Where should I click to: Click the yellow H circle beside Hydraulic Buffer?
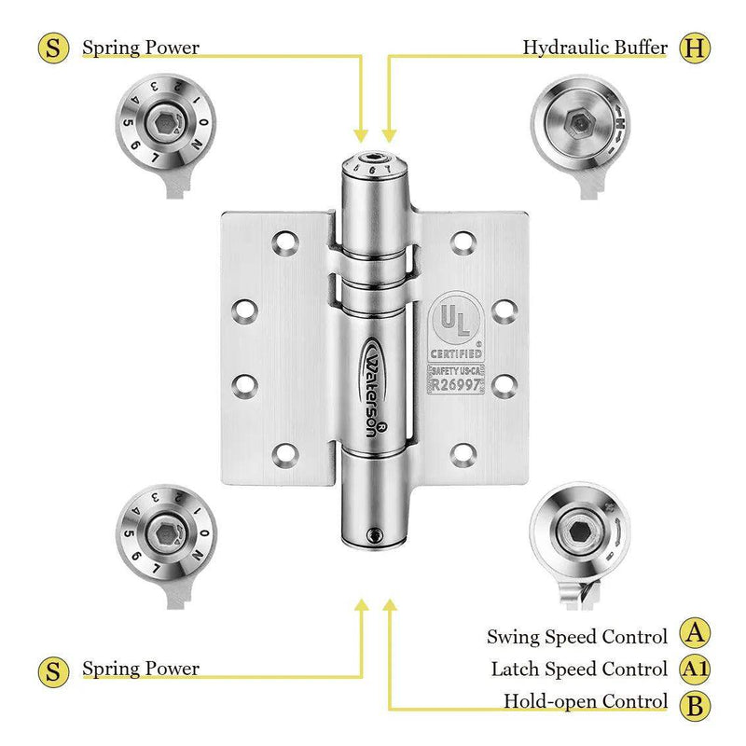point(692,48)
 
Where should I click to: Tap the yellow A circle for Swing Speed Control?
point(693,634)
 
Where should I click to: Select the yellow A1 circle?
point(693,669)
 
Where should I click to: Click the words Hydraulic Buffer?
point(594,47)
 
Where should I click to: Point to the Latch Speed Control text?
point(579,670)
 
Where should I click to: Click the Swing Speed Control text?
point(577,638)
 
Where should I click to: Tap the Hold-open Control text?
point(586,701)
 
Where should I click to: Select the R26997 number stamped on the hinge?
point(455,383)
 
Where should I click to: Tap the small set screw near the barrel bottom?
point(374,535)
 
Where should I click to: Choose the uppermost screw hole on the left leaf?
point(283,243)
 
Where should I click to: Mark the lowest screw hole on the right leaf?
point(461,455)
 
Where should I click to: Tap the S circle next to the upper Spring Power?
point(54,48)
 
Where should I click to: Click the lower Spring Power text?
point(140,669)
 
